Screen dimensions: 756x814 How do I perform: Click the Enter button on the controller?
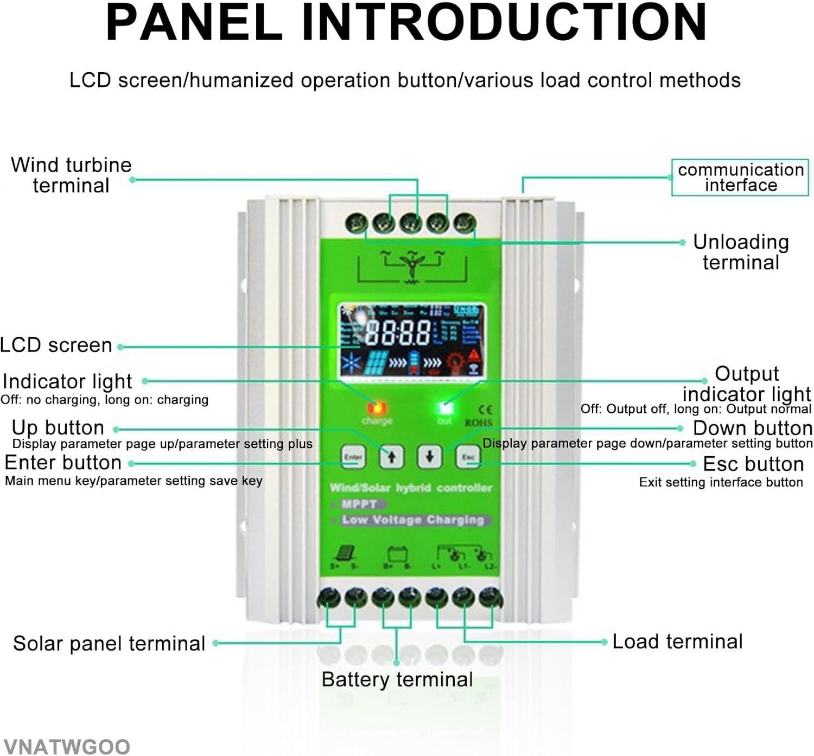tap(353, 457)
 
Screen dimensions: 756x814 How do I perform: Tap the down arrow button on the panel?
tap(429, 457)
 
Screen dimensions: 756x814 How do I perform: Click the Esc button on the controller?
tap(468, 457)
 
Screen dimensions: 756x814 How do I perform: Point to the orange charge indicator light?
tap(377, 407)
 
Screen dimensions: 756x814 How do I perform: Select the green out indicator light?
tap(446, 407)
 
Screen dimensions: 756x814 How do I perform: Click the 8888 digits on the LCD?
tap(398, 332)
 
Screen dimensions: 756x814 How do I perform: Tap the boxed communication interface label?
tap(740, 177)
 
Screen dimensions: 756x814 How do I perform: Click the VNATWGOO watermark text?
tap(66, 746)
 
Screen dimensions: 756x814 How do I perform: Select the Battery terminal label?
tap(397, 679)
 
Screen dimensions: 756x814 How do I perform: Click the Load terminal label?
tap(677, 641)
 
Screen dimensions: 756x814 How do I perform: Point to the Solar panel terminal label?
tap(109, 644)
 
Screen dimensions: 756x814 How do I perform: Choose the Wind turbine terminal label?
tap(71, 175)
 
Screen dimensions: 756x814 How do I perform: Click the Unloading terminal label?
tap(741, 252)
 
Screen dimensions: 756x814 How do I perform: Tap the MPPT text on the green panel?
tap(359, 504)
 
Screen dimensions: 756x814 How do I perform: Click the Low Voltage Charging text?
tap(412, 520)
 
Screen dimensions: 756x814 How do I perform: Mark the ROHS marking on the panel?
tap(479, 423)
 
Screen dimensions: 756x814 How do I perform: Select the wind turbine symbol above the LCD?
tap(412, 266)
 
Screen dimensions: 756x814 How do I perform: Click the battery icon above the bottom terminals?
tap(397, 554)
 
